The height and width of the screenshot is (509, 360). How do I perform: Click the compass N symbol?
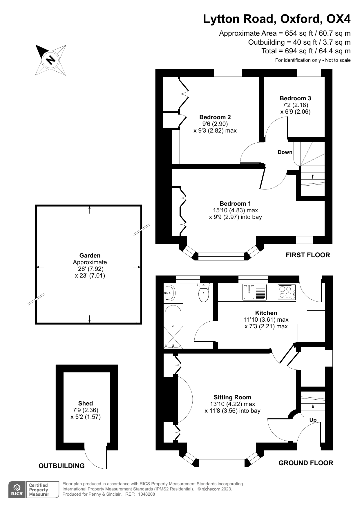click(x=51, y=60)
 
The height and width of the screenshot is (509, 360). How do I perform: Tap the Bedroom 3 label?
click(x=295, y=98)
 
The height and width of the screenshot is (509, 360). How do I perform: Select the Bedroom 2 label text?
click(x=215, y=117)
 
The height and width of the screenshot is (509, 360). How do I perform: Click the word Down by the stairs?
click(x=285, y=152)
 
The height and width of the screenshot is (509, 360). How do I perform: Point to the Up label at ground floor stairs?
click(x=313, y=420)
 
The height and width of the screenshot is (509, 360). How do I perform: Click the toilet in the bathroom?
click(x=204, y=293)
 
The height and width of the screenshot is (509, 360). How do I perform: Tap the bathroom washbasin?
click(x=169, y=293)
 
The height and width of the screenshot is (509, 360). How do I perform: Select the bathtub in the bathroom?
click(x=173, y=326)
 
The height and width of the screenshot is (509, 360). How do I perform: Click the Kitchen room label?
click(x=266, y=313)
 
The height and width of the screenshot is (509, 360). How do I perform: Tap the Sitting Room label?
click(x=232, y=397)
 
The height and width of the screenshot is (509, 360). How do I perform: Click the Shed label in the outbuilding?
click(x=85, y=403)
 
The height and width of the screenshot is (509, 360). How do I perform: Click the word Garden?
click(x=90, y=256)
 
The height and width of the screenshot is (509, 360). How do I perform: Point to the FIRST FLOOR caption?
click(x=308, y=255)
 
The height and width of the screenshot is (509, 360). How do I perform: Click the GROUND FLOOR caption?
click(x=306, y=463)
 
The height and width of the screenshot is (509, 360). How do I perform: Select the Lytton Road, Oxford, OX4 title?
click(x=276, y=19)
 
